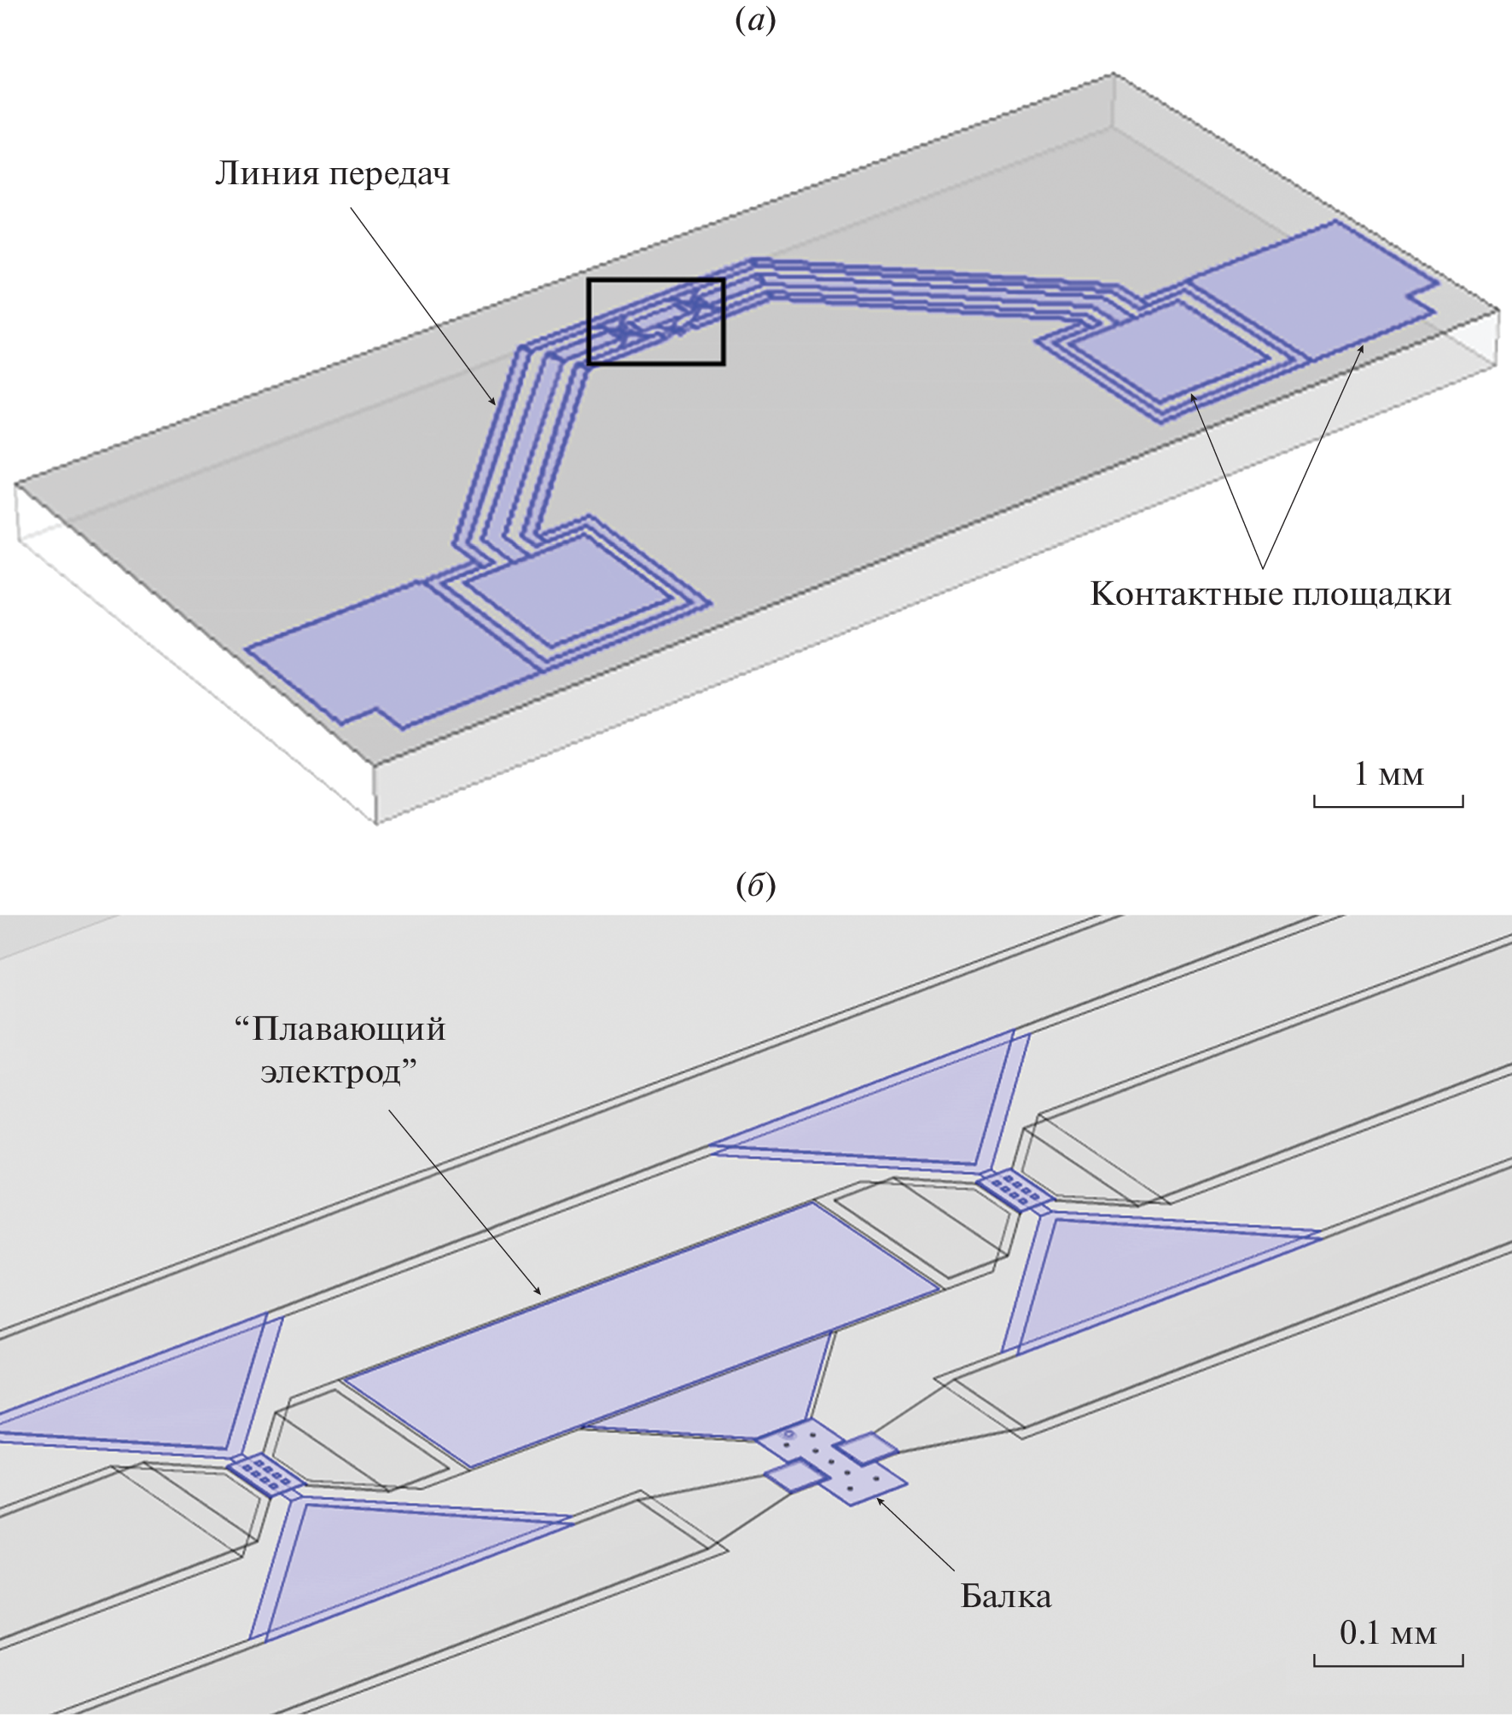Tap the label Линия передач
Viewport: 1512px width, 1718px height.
click(x=332, y=175)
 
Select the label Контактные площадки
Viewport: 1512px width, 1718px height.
click(x=1271, y=594)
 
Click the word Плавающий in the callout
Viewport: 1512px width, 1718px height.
click(x=348, y=1030)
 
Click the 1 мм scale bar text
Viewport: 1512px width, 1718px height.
click(x=1388, y=774)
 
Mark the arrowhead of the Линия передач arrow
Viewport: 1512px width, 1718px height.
click(x=492, y=400)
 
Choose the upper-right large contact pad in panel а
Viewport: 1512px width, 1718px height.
click(x=1314, y=287)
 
